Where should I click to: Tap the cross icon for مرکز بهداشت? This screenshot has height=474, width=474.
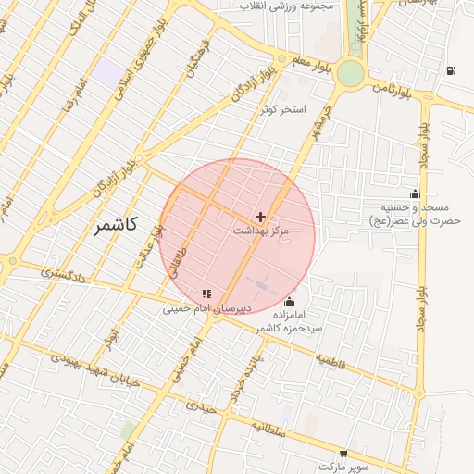260,216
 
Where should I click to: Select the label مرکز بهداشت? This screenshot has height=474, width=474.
260,229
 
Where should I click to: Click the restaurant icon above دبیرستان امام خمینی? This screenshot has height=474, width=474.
206,293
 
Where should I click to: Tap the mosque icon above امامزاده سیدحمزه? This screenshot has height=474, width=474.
290,301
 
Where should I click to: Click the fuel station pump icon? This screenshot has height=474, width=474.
450,70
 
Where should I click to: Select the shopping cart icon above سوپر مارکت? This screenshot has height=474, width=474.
344,455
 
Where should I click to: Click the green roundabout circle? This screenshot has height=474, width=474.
350,73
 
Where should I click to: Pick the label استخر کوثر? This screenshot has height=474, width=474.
282,109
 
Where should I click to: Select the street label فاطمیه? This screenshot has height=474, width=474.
331,359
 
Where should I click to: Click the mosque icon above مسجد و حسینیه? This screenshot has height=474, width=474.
415,193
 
